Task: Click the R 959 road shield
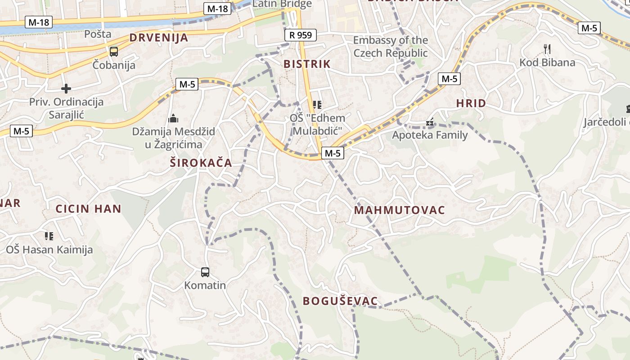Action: tap(301, 35)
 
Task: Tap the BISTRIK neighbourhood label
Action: tap(307, 64)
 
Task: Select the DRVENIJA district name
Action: tap(159, 38)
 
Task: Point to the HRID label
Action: tap(471, 103)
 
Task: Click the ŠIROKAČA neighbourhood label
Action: tap(201, 163)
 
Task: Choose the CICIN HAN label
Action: tap(88, 209)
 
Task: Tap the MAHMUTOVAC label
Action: tap(399, 210)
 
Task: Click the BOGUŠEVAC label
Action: tap(340, 301)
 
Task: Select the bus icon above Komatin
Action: tap(205, 272)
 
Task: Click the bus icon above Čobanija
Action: tap(114, 51)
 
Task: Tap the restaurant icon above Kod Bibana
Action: tap(547, 48)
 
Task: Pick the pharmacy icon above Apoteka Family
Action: tap(430, 122)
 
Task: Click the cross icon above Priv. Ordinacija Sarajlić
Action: tap(66, 88)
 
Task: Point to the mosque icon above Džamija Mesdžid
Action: tap(173, 119)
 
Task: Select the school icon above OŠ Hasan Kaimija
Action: tap(49, 236)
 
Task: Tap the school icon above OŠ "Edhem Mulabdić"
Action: tap(317, 105)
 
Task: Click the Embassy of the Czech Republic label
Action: tap(390, 46)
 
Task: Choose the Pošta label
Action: tap(98, 34)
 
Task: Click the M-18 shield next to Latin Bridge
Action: tap(218, 9)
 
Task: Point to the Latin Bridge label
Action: tap(282, 4)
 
